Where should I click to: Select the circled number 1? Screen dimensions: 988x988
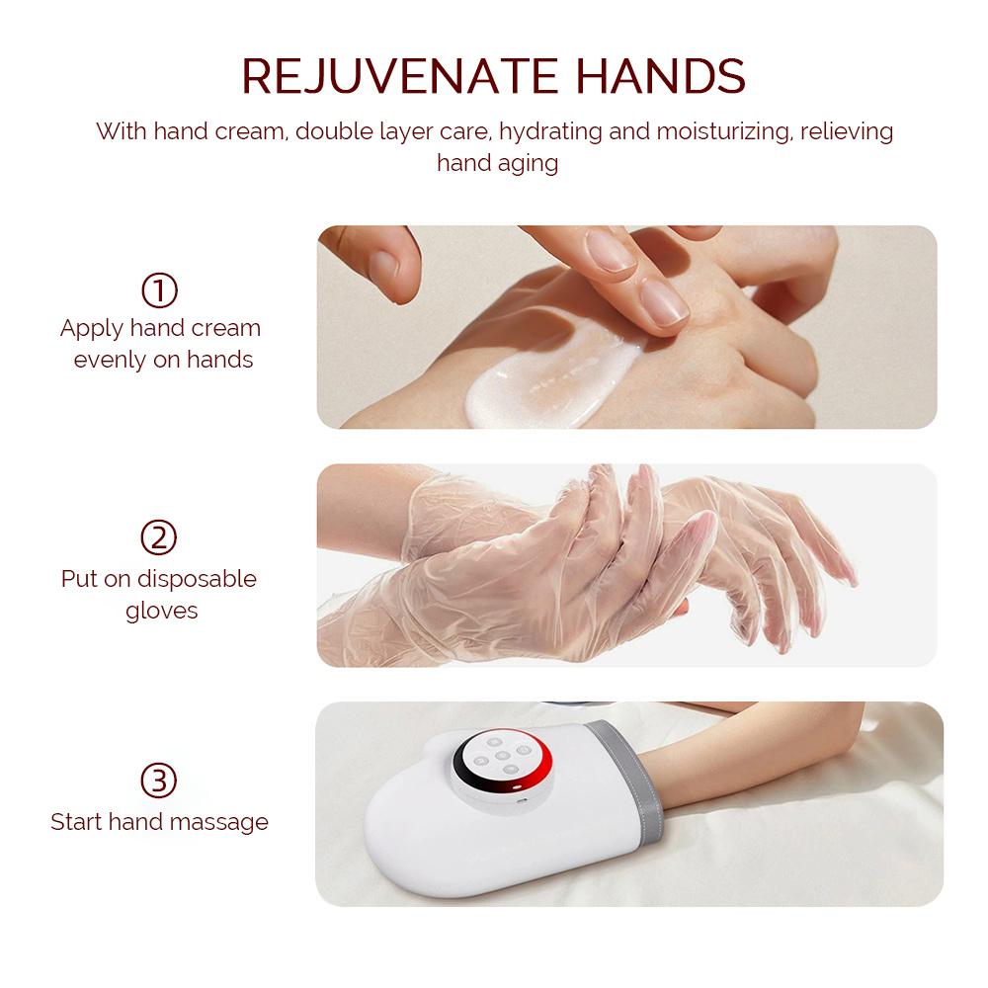[160, 290]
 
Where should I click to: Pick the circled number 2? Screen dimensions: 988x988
[160, 538]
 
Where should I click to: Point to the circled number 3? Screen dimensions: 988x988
[160, 781]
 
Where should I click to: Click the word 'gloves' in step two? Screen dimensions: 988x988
[162, 611]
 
